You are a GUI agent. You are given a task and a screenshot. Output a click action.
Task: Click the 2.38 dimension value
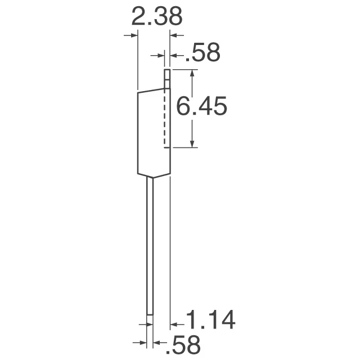point(156,17)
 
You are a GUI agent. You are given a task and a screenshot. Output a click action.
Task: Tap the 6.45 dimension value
point(201,106)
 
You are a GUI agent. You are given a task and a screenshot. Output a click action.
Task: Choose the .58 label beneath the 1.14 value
point(184,344)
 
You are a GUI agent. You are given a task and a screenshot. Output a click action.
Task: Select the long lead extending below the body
point(150,247)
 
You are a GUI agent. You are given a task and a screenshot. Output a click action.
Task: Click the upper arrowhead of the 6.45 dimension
point(193,74)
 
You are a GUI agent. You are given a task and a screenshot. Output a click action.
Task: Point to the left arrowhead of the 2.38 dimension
point(133,35)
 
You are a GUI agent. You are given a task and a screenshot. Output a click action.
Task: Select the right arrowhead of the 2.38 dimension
point(174,35)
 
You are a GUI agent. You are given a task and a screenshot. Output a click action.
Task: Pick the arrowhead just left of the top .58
point(174,56)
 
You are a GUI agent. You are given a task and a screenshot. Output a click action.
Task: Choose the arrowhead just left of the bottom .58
point(157,342)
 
